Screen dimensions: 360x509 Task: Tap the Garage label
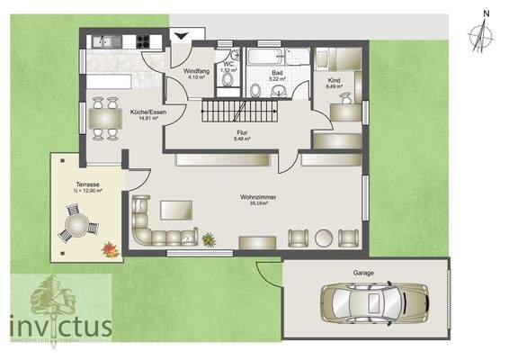(x=364, y=272)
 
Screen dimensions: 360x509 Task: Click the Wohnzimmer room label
(x=257, y=197)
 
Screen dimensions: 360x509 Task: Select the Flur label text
(x=241, y=132)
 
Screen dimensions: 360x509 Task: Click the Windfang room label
(x=196, y=71)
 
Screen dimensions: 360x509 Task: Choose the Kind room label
(x=335, y=80)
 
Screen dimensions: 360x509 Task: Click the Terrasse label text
(x=88, y=184)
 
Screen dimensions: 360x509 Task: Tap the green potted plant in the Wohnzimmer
(x=209, y=238)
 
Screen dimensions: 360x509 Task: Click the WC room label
(x=228, y=64)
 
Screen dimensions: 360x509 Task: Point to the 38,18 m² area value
(x=257, y=204)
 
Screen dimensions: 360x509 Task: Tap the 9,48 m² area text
(x=241, y=139)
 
